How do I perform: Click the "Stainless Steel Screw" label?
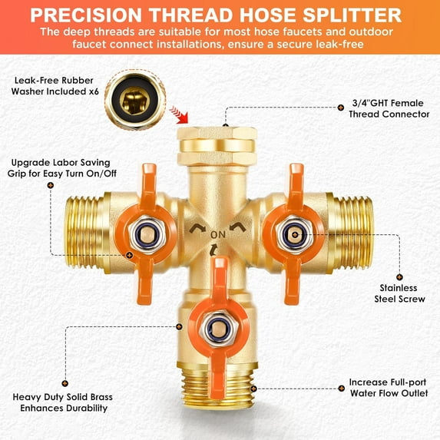[399, 292]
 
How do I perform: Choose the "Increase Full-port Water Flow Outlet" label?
[388, 388]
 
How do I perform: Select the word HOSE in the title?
[255, 15]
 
